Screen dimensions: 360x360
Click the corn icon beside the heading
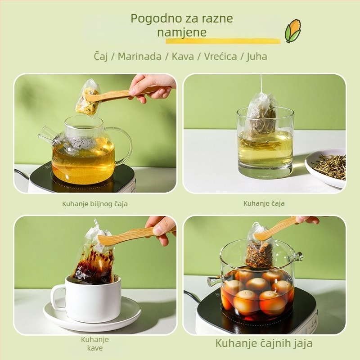click(293, 31)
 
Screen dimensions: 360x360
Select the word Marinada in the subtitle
click(139, 56)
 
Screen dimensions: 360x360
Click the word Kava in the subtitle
click(183, 56)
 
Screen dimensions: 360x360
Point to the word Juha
click(257, 57)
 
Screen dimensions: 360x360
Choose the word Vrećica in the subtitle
click(220, 56)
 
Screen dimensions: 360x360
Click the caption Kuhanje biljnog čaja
click(95, 204)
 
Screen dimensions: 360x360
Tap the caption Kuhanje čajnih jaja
click(264, 343)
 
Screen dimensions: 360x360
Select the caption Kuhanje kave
click(95, 344)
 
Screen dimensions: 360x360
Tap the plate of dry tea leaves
click(325, 167)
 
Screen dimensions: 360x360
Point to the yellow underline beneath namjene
click(223, 41)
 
